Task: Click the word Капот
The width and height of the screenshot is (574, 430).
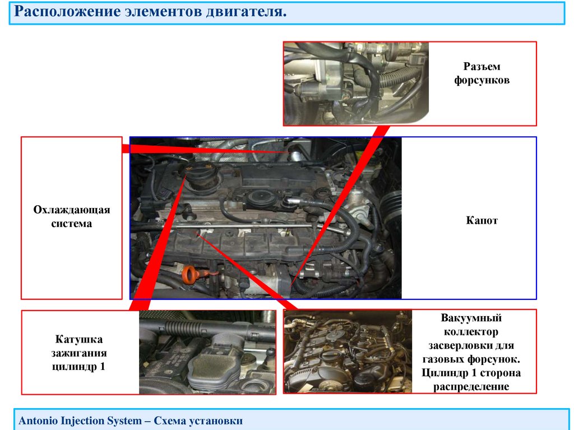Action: (482, 221)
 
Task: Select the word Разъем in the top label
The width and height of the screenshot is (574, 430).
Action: (482, 66)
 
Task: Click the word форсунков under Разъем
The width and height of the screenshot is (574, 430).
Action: (482, 80)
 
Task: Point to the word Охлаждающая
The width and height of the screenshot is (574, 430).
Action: (72, 210)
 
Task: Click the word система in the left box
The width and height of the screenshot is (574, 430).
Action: (72, 224)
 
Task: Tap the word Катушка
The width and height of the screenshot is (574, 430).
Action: (80, 340)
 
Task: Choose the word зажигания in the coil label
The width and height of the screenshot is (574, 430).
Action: (80, 353)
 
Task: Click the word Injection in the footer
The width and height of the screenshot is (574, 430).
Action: (80, 420)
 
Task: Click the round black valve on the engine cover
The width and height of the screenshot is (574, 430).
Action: (260, 197)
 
